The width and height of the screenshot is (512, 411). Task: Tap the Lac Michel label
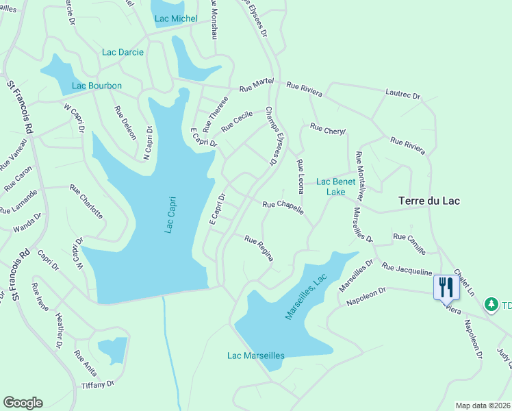pyautogui.click(x=176, y=18)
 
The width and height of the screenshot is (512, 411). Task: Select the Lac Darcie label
pyautogui.click(x=123, y=52)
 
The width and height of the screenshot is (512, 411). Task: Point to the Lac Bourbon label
pyautogui.click(x=97, y=86)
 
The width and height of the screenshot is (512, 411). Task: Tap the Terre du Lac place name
pyautogui.click(x=429, y=201)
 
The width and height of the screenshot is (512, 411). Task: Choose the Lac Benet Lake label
pyautogui.click(x=335, y=187)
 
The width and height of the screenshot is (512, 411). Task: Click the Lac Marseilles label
pyautogui.click(x=256, y=356)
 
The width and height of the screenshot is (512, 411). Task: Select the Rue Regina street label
pyautogui.click(x=259, y=248)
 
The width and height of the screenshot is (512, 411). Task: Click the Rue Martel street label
pyautogui.click(x=256, y=85)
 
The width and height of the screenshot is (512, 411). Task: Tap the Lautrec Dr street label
pyautogui.click(x=402, y=94)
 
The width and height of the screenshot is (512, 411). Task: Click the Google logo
pyautogui.click(x=23, y=403)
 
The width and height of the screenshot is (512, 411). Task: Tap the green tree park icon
pyautogui.click(x=491, y=303)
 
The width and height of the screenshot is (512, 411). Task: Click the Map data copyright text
pyautogui.click(x=482, y=406)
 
